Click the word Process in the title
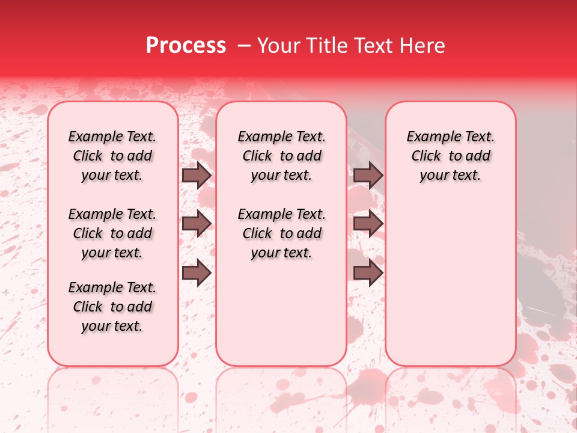click(186, 46)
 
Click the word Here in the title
click(423, 46)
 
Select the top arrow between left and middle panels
click(197, 176)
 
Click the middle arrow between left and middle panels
click(197, 224)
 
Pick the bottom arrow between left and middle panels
click(197, 273)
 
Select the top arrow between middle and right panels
click(368, 176)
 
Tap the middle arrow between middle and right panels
click(368, 224)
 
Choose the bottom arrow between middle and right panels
click(368, 273)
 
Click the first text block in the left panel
click(112, 156)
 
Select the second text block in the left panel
click(112, 233)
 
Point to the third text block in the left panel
click(112, 307)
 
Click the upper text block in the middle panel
click(281, 156)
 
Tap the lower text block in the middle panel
click(281, 233)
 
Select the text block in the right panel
click(450, 156)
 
